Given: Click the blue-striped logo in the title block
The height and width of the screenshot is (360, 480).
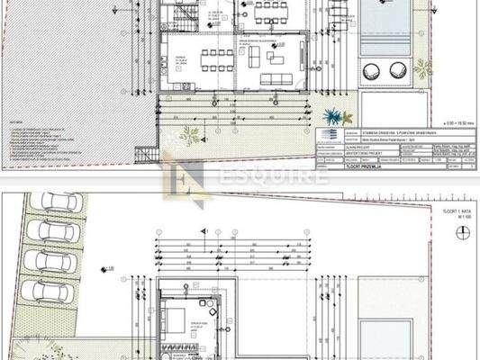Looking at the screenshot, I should (328, 134).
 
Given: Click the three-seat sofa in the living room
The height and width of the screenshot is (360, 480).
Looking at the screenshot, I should (275, 78).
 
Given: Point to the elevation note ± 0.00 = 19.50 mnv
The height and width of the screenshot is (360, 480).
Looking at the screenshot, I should (454, 119).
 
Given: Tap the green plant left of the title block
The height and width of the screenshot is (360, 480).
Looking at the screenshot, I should (190, 135).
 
